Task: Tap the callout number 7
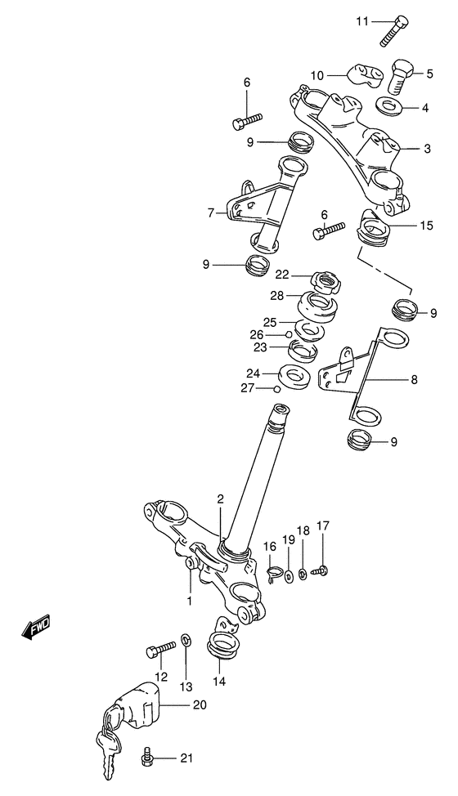(x=211, y=212)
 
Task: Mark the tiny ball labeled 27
(x=277, y=389)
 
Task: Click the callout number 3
(x=427, y=148)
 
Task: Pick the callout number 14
(x=219, y=680)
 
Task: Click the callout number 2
(x=220, y=498)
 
